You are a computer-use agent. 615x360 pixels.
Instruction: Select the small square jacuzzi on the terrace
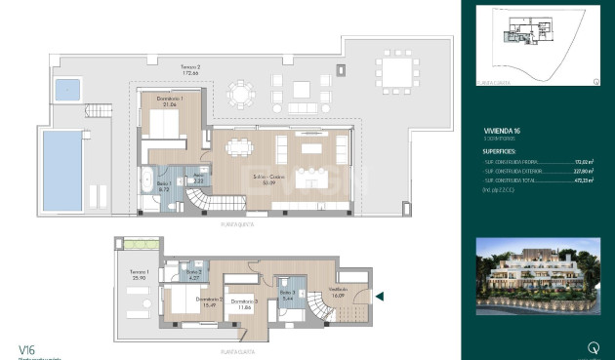point(67,91)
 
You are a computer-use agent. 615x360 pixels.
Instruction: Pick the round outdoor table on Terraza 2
point(239,95)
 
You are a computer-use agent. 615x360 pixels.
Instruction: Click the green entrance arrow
point(381,297)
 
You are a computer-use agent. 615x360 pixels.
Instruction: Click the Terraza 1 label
point(140,274)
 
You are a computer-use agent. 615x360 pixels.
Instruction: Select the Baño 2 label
point(194,275)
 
